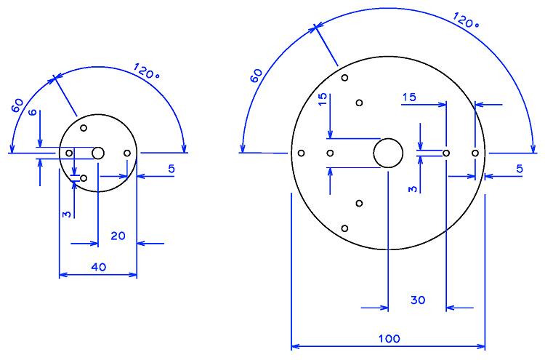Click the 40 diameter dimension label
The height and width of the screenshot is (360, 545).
98,267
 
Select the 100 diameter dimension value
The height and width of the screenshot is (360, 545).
389,338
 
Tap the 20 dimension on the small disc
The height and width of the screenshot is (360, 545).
118,236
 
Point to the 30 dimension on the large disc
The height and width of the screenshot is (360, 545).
418,300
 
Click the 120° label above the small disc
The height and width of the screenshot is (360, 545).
146,71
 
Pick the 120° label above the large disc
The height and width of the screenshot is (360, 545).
466,20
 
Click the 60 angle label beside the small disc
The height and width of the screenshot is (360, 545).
17,105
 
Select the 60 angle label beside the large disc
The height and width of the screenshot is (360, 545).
257,76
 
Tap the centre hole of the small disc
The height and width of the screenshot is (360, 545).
98,153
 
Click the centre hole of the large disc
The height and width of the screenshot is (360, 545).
388,153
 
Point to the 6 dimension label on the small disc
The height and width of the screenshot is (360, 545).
32,112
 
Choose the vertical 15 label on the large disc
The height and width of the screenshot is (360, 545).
323,100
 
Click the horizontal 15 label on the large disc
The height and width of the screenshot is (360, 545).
409,97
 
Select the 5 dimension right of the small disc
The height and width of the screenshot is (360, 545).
171,169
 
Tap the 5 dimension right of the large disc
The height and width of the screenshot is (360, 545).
520,169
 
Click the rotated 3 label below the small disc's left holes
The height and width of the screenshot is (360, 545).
66,215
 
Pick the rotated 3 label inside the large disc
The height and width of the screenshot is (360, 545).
412,189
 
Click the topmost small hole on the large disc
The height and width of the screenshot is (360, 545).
344,78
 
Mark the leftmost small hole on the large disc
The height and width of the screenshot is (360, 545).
302,153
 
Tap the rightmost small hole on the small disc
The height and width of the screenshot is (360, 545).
127,153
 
